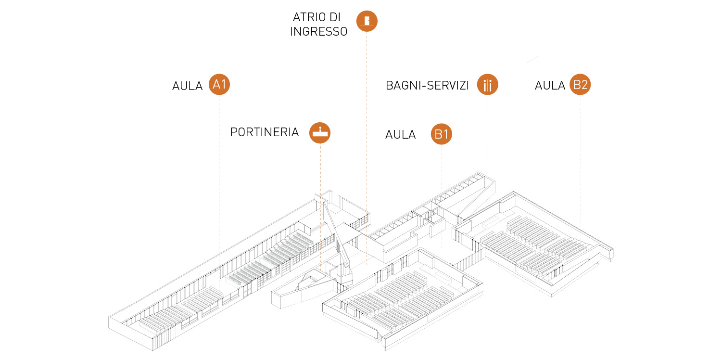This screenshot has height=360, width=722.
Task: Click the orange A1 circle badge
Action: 219,85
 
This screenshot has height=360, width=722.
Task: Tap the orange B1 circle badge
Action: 441,134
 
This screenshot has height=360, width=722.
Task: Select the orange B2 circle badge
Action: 580,85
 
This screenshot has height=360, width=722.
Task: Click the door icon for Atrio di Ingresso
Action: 367,21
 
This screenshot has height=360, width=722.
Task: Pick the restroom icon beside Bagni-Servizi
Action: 487,85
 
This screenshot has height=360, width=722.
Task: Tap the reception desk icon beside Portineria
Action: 320,132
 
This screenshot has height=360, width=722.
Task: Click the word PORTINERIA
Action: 265,132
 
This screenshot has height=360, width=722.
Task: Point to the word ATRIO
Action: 308,17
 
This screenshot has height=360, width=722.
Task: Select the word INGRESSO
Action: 318,32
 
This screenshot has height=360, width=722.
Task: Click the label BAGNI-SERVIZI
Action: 427,86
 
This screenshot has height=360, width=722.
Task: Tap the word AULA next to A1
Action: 188,86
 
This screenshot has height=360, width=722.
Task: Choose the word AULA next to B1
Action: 400,135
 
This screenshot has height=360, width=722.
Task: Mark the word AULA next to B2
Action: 550,86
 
